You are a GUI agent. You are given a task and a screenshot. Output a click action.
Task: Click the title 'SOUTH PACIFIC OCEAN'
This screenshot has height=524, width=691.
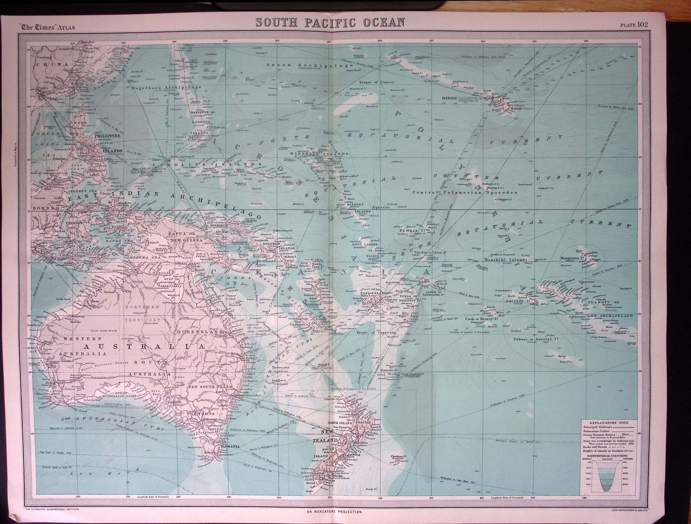(328, 22)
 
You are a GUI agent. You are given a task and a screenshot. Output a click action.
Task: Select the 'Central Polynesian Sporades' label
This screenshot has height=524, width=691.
(464, 192)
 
